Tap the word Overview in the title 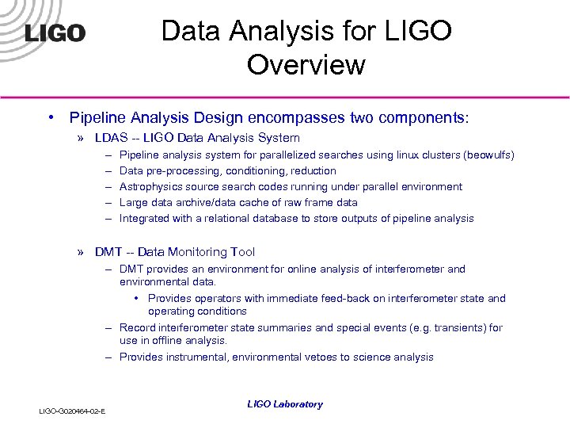pos(306,64)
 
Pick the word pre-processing pos(184,170)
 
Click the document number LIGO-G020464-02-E pos(74,410)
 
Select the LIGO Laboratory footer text pos(285,404)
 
